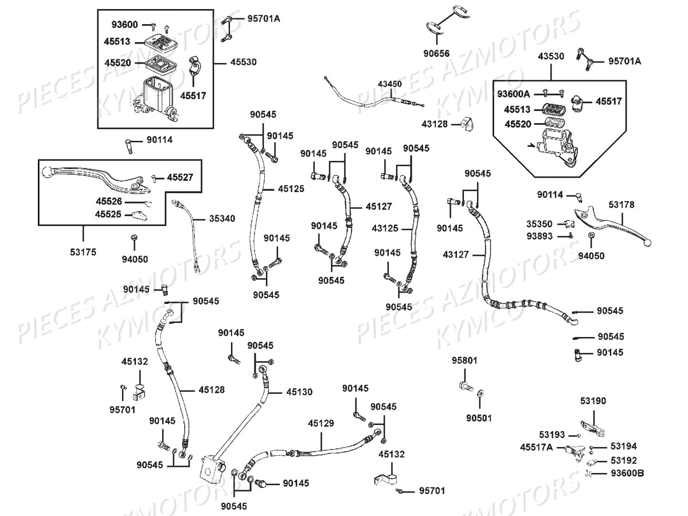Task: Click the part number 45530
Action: click(244, 62)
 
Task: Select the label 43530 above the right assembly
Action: click(551, 56)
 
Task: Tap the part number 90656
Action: click(437, 54)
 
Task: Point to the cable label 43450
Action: click(390, 84)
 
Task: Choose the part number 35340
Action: click(221, 218)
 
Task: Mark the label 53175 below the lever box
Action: click(83, 251)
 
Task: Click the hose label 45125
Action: click(291, 188)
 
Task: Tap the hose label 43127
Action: click(456, 253)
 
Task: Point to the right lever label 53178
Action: click(621, 204)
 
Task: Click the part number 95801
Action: click(464, 361)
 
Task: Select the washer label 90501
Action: click(479, 418)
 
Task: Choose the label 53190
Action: click(592, 401)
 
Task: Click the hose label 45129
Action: click(320, 423)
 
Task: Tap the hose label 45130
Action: click(299, 392)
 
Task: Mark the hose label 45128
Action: click(212, 390)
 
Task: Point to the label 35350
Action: click(540, 224)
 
